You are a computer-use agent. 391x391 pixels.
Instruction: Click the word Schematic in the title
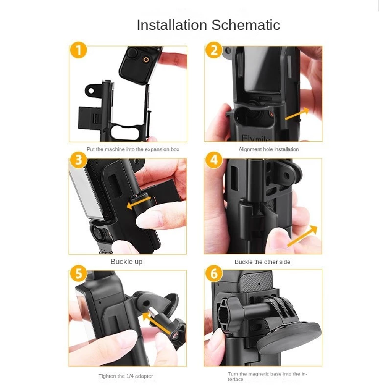[x=246, y=25]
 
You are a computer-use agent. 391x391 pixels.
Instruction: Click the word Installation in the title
[x=172, y=25]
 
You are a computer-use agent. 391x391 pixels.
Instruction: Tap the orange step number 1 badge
[x=78, y=50]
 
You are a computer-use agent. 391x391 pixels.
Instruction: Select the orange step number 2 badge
[x=214, y=50]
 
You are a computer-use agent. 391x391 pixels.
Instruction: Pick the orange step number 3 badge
[x=78, y=160]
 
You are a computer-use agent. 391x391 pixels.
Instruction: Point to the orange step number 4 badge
[x=214, y=160]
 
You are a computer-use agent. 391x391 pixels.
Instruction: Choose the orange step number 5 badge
[x=78, y=273]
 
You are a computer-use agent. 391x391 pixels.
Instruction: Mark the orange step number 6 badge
[x=214, y=273]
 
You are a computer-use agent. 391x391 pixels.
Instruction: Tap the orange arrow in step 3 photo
[x=139, y=202]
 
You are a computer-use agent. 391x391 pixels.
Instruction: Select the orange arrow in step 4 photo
[x=302, y=236]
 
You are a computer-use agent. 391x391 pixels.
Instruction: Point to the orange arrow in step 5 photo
[x=157, y=323]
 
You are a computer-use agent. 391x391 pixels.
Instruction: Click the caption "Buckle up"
[x=126, y=262]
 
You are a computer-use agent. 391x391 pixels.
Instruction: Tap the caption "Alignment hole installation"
[x=268, y=149]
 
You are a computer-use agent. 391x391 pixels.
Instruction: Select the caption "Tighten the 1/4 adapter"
[x=126, y=376]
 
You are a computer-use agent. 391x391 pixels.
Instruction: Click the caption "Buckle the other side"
[x=262, y=262]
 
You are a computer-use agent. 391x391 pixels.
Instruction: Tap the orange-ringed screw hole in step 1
[x=146, y=60]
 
